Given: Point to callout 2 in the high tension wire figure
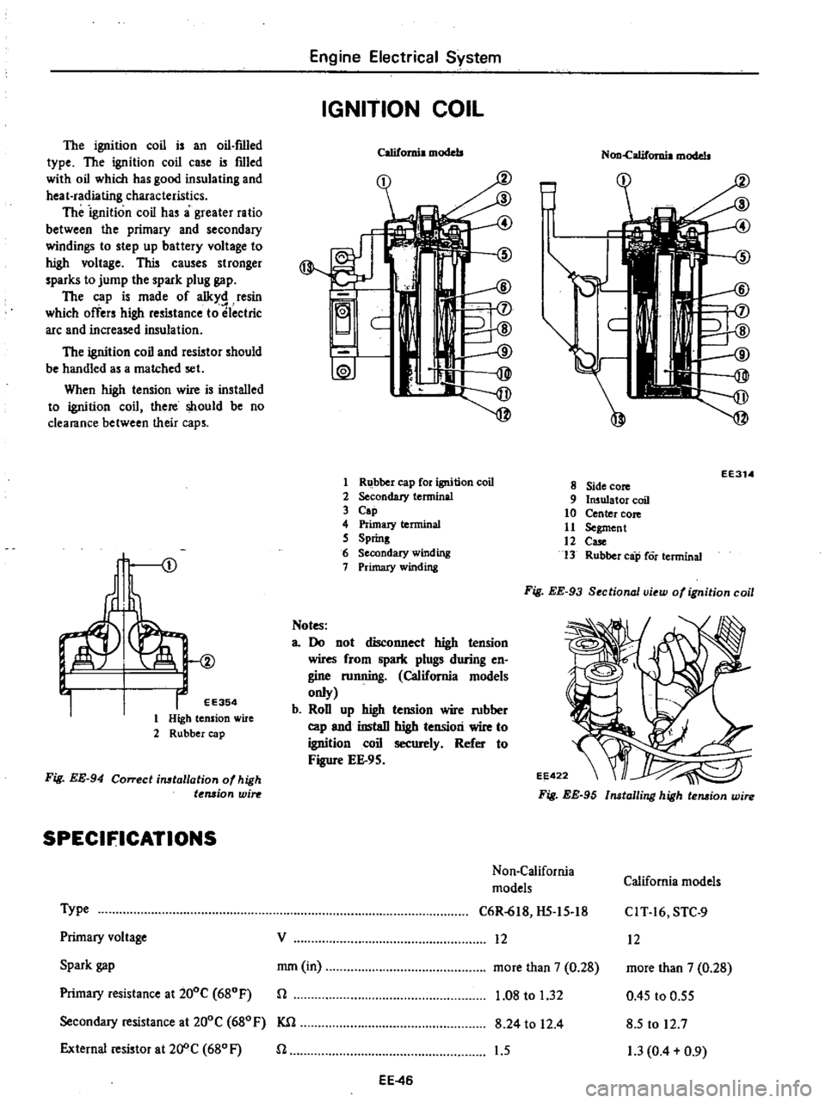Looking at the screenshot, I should (x=212, y=660).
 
